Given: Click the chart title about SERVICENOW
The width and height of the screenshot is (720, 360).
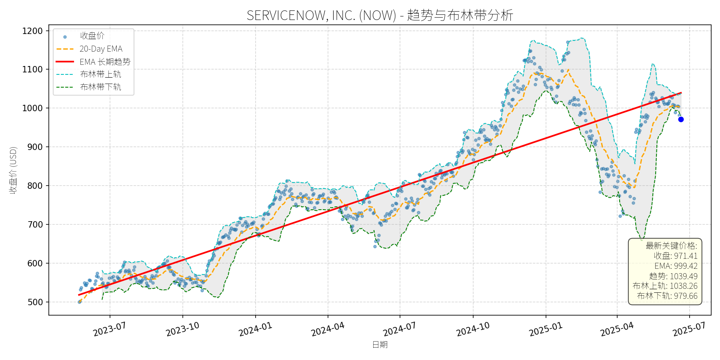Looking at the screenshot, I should [380, 15].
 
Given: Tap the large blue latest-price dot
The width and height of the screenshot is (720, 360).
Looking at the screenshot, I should [681, 119].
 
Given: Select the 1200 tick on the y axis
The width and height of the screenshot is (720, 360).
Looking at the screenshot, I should [32, 31].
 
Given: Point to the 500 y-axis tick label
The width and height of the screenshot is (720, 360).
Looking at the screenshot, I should [35, 302].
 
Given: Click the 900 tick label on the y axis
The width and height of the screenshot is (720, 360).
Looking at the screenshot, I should [35, 147].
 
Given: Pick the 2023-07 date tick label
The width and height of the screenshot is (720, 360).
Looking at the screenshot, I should [109, 330].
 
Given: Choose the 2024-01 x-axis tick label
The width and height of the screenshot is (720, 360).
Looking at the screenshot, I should [255, 330].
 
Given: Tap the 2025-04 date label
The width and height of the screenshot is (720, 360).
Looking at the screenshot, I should [617, 330].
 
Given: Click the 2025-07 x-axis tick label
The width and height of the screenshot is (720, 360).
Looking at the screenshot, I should [689, 330].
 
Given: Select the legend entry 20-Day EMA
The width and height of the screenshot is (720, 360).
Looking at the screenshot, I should [101, 49].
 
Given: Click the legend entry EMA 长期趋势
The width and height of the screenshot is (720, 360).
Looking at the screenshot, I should [105, 62].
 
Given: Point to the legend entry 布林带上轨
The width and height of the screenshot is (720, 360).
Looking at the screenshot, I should [100, 74].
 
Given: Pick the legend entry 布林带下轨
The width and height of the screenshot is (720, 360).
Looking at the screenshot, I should [100, 87].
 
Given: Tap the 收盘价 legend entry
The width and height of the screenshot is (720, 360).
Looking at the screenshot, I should [92, 36].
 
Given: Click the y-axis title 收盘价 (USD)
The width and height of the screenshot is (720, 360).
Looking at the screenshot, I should [13, 170].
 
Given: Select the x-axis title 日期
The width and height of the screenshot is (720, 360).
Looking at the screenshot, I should [380, 344].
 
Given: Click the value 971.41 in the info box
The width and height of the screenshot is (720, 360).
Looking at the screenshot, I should [686, 256].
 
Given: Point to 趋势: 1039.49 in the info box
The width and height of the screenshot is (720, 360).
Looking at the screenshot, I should [673, 276].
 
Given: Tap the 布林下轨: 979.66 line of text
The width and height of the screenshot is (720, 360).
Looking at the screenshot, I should [667, 296].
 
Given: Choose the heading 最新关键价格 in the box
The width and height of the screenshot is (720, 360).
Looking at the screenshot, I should [671, 246].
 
